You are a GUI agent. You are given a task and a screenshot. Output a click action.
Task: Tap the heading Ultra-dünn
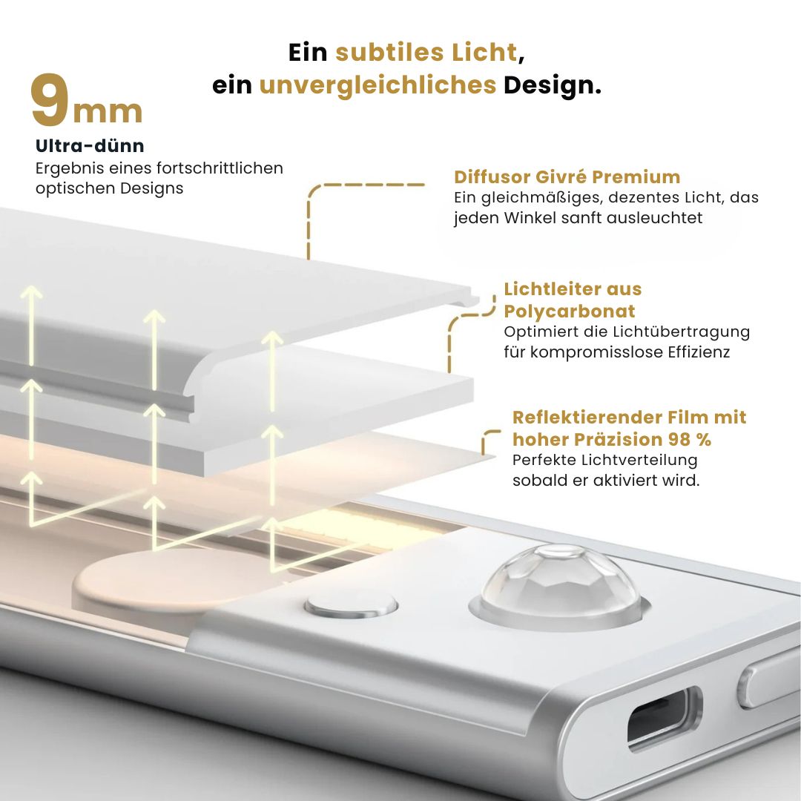(90, 146)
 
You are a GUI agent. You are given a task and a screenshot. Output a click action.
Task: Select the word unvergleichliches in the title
(378, 85)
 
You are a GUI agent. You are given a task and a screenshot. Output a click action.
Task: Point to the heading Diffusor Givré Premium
(567, 177)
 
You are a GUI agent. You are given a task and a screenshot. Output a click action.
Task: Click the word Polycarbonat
(570, 311)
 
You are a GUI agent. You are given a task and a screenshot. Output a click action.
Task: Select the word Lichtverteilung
(640, 460)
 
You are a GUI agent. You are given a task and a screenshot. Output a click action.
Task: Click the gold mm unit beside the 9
(108, 111)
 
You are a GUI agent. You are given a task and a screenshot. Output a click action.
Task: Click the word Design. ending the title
(553, 85)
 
